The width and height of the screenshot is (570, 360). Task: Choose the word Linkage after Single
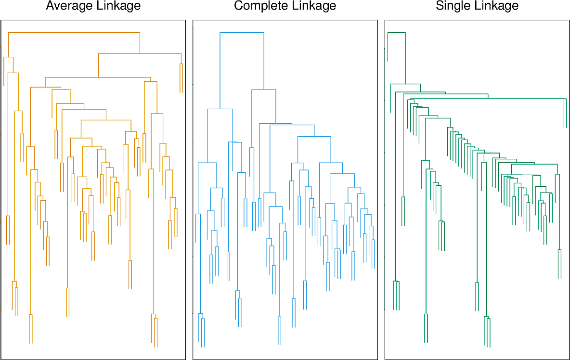[x=496, y=6]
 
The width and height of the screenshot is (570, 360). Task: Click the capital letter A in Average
[x=50, y=6]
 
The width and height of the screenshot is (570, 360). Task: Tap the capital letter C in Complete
[x=238, y=6]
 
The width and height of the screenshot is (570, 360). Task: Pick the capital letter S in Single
[x=440, y=6]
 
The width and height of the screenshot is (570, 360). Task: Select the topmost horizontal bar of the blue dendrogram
[x=242, y=32]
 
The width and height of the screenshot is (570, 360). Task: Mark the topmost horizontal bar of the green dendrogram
[x=396, y=33]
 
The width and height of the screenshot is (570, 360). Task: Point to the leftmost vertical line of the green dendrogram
[x=388, y=47]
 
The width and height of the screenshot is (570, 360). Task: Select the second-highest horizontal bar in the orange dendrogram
[x=140, y=53]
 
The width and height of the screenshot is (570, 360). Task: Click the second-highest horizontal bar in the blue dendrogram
[x=264, y=90]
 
